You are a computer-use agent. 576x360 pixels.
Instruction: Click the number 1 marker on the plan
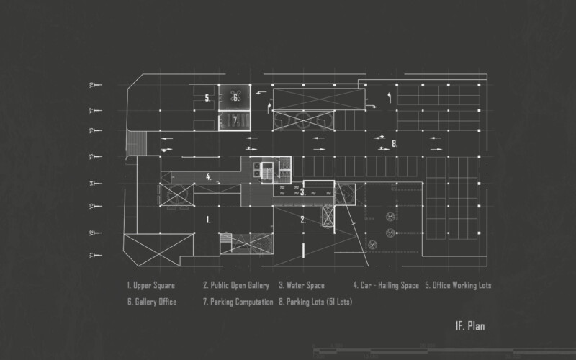(207, 220)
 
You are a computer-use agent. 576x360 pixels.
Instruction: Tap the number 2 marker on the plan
(303, 220)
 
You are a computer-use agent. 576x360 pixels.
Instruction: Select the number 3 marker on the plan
(302, 192)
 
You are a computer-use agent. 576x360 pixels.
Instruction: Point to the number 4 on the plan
(208, 176)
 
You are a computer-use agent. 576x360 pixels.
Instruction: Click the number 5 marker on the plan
(207, 98)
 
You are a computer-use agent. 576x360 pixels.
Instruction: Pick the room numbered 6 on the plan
(235, 98)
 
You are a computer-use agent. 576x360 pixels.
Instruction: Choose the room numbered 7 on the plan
(235, 120)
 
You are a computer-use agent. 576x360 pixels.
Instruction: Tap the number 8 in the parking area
(395, 144)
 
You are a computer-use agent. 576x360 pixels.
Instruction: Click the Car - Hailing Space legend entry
(386, 286)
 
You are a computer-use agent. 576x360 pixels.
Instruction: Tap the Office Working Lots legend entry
(458, 286)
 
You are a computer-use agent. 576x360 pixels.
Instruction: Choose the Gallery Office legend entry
(151, 302)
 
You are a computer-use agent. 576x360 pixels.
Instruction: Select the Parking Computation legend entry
(238, 302)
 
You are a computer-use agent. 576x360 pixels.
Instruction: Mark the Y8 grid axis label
(92, 85)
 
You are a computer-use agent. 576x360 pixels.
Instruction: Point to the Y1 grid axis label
(92, 255)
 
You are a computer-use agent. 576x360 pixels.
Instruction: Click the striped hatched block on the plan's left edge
(132, 141)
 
